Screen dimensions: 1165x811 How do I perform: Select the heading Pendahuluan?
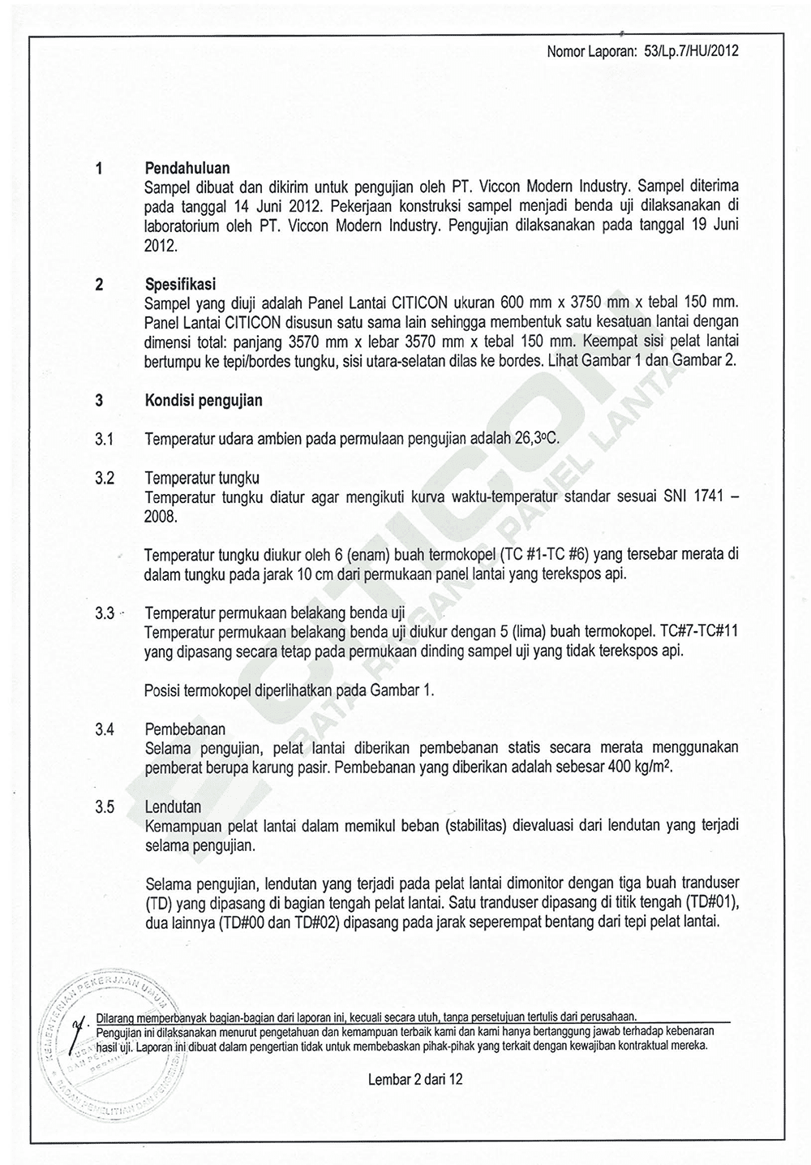pos(187,168)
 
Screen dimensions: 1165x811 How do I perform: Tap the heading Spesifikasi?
pos(180,285)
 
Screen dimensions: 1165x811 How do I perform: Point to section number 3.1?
pos(103,440)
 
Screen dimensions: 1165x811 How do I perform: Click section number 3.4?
pos(103,729)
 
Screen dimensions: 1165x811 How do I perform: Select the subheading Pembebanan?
pos(185,729)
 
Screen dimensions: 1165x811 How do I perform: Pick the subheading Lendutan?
pos(173,807)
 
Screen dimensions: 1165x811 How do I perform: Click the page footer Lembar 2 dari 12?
pos(415,1080)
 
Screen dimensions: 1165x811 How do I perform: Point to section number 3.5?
pos(103,807)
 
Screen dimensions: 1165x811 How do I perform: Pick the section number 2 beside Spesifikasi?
pos(99,285)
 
